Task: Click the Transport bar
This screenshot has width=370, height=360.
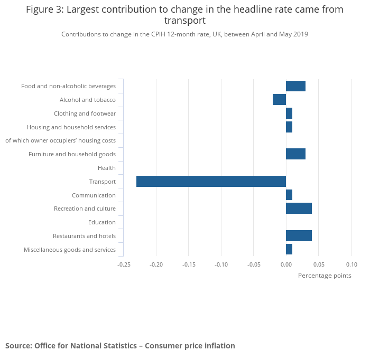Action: tap(211, 182)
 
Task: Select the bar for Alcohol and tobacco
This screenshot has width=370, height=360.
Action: tap(279, 100)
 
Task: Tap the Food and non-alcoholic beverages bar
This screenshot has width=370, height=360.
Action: tap(295, 86)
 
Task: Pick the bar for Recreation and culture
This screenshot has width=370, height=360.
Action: tap(299, 209)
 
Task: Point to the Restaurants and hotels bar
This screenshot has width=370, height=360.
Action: tap(299, 236)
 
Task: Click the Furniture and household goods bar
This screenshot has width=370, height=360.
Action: tap(295, 154)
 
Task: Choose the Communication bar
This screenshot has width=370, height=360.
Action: tap(289, 195)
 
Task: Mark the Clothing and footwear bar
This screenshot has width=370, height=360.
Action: tap(289, 113)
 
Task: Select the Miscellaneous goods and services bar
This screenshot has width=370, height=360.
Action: tap(289, 250)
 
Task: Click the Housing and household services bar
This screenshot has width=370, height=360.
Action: tap(289, 127)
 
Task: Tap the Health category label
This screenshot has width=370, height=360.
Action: tap(106, 168)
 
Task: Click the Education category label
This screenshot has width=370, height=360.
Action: tap(101, 222)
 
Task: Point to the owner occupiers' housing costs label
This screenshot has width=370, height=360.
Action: tap(60, 140)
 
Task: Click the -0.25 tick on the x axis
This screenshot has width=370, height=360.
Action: tap(124, 264)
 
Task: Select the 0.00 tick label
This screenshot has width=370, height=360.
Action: tap(286, 264)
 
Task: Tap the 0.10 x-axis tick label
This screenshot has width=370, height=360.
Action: tap(351, 264)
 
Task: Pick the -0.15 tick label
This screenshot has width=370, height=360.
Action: tap(189, 264)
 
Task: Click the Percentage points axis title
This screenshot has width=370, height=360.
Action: tap(324, 276)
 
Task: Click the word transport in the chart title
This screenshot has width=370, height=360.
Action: tap(184, 21)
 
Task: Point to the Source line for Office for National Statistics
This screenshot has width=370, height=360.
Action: tap(120, 346)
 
